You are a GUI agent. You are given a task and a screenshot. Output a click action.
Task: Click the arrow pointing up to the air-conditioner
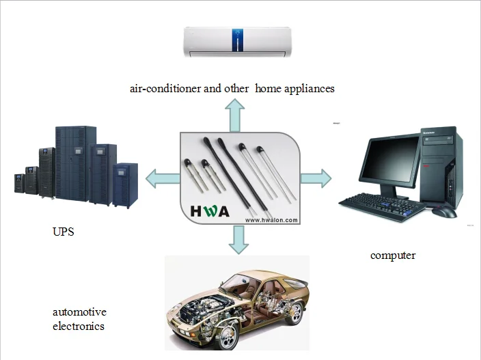pyautogui.click(x=234, y=115)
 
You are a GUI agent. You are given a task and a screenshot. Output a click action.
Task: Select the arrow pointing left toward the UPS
pyautogui.click(x=163, y=178)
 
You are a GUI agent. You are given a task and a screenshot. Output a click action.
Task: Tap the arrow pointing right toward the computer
pyautogui.click(x=316, y=178)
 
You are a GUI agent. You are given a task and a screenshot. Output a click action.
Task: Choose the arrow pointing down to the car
pyautogui.click(x=238, y=240)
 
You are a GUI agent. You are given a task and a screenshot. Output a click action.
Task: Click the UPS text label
pyautogui.click(x=63, y=232)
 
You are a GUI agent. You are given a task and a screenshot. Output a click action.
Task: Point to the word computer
pyautogui.click(x=393, y=255)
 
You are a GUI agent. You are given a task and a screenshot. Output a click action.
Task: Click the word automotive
pyautogui.click(x=79, y=312)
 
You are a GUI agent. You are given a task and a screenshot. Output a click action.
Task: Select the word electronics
pyautogui.click(x=79, y=326)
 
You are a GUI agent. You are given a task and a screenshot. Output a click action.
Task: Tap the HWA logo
pyautogui.click(x=210, y=211)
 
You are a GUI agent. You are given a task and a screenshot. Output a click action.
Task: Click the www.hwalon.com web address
pyautogui.click(x=271, y=220)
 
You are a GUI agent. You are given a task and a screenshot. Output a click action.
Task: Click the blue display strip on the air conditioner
pyautogui.click(x=238, y=40)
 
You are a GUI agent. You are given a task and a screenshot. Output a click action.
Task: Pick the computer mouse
pyautogui.click(x=445, y=212)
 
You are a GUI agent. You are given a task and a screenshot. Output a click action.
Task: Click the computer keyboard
pyautogui.click(x=382, y=206)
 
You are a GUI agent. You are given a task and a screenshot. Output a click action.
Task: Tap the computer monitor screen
pyautogui.click(x=389, y=159)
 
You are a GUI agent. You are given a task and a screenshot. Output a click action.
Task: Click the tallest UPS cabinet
pyautogui.click(x=76, y=163)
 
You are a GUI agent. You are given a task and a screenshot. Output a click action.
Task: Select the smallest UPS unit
pyautogui.click(x=19, y=183)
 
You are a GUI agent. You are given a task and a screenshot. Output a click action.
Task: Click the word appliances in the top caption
pyautogui.click(x=310, y=89)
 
